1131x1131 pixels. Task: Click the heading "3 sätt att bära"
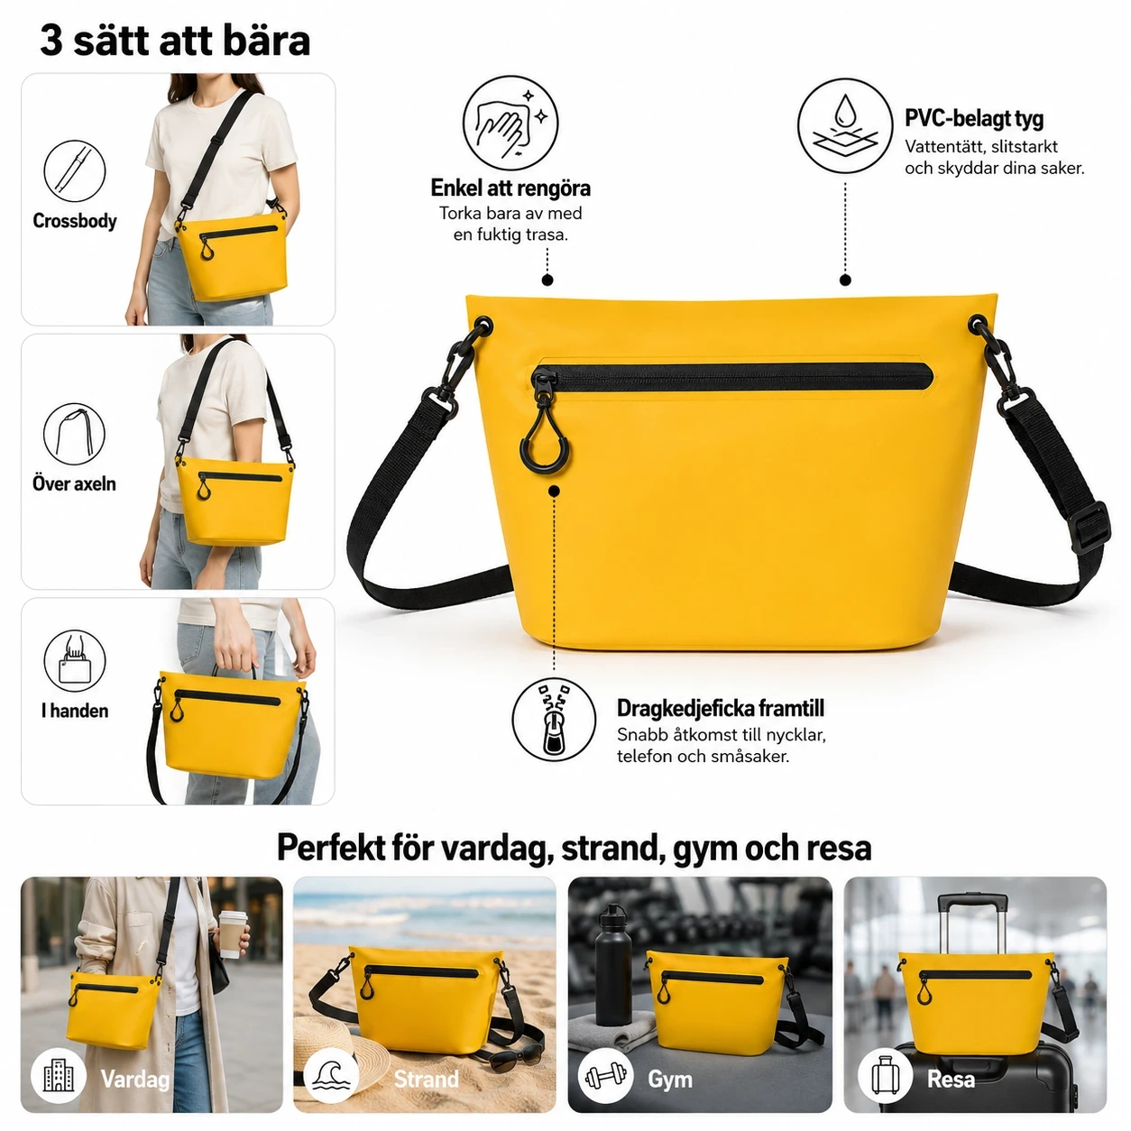(x=175, y=41)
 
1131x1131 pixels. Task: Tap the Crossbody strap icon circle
(x=75, y=170)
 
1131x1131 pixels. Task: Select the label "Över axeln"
(x=74, y=484)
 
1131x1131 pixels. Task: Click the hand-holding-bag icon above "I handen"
(x=75, y=661)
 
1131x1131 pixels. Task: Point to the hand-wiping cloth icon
(x=510, y=124)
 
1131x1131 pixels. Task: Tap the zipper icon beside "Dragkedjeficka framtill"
(x=554, y=720)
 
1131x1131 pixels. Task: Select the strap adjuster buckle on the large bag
(x=1090, y=528)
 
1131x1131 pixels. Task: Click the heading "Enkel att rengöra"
(x=510, y=188)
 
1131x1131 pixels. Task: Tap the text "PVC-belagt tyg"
(x=974, y=118)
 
